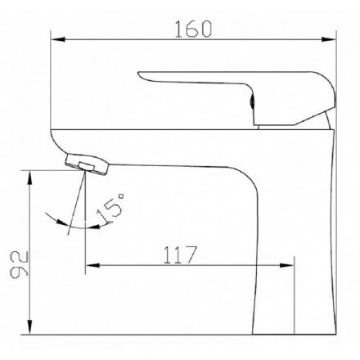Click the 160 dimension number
[193, 29]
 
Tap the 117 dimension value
[180, 255]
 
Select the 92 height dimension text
[19, 264]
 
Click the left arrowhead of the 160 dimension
[58, 39]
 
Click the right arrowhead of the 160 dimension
[329, 39]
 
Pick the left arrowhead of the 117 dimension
[92, 265]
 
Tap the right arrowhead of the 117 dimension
[287, 265]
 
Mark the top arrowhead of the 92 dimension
[29, 178]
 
